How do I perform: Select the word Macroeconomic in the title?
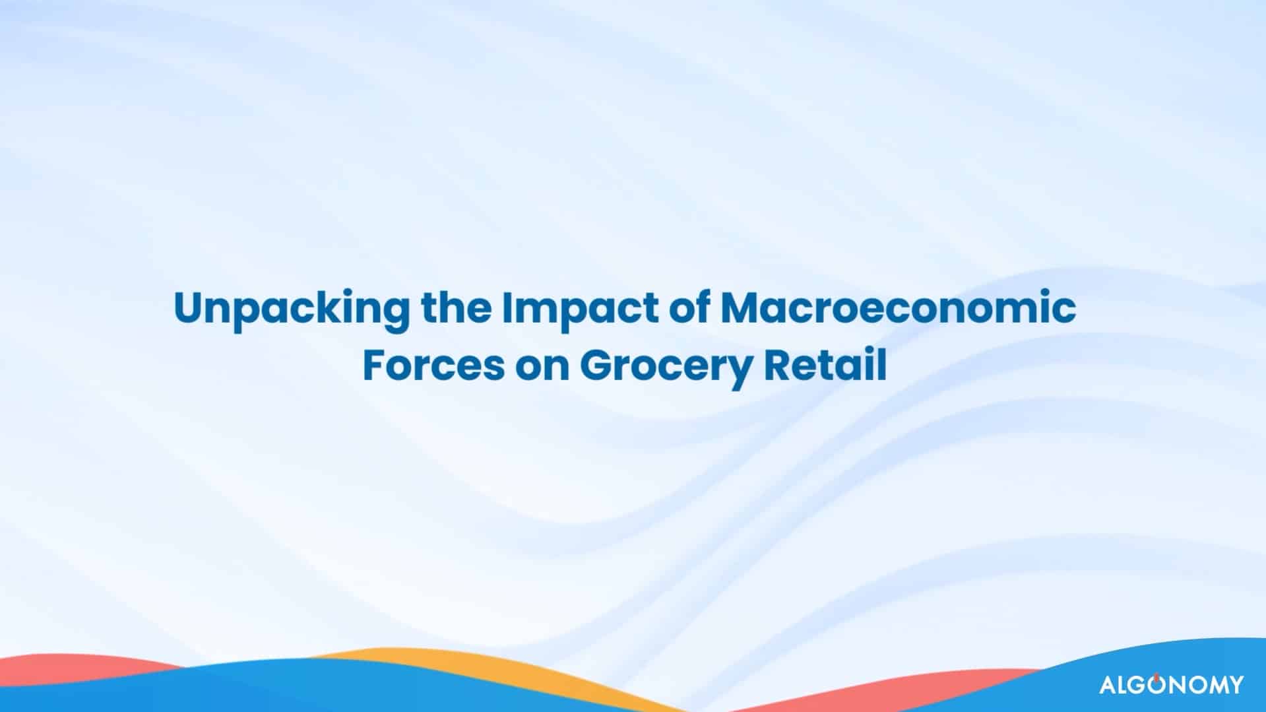[x=898, y=309]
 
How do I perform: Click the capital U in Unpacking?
[x=189, y=310]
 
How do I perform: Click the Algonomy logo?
[x=1171, y=684]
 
